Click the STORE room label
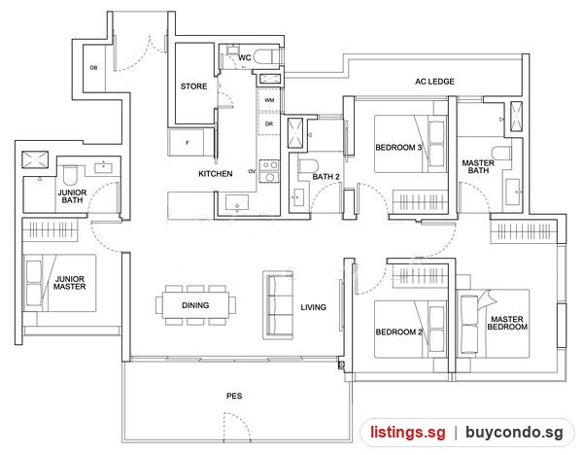point(193,87)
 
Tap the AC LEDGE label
point(434,82)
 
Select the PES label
point(234,396)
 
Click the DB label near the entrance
point(93,68)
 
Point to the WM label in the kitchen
point(269,100)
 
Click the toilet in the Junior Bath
point(70,175)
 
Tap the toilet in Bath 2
point(308,166)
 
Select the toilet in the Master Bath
point(501,154)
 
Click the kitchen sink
point(237,203)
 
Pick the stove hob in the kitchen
point(269,171)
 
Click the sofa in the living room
point(279,305)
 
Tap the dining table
point(195,305)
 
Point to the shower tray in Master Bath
point(516,116)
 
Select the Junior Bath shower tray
point(35,160)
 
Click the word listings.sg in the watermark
point(407,433)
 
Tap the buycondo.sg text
point(514,433)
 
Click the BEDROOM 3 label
point(398,148)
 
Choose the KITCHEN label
point(216,174)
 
